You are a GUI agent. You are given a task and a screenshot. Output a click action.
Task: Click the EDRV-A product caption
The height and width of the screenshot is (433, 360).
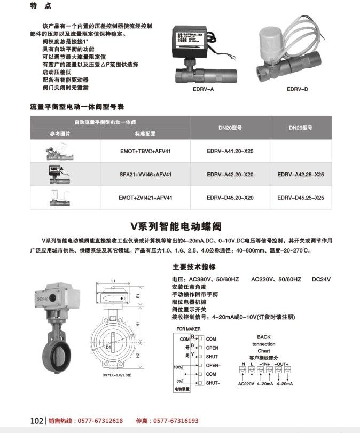pos(203,89)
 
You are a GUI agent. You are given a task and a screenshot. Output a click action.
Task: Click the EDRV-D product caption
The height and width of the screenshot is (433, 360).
pos(298,89)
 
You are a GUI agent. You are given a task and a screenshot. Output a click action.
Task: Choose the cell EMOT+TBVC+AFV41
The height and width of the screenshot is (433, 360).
pos(145,152)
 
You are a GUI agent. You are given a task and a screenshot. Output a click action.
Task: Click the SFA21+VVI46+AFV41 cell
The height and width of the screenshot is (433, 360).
pos(145,175)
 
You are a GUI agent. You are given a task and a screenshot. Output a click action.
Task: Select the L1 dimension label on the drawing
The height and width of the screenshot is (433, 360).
pos(114,280)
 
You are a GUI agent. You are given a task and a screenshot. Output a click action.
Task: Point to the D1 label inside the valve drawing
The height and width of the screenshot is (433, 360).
pos(108,347)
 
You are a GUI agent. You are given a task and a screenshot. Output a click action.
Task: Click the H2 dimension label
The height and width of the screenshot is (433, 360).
pos(138,355)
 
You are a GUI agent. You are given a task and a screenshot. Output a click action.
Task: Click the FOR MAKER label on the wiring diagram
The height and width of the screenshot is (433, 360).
pos(189,329)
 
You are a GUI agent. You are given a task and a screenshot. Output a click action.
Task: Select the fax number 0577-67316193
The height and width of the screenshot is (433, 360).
pos(174,421)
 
